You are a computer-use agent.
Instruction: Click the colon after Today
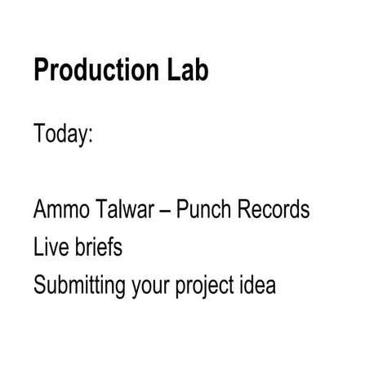pos(91,136)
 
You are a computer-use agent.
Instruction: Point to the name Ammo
pos(59,210)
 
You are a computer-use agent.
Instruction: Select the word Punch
pos(202,210)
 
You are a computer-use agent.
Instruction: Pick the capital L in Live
pos(38,247)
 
